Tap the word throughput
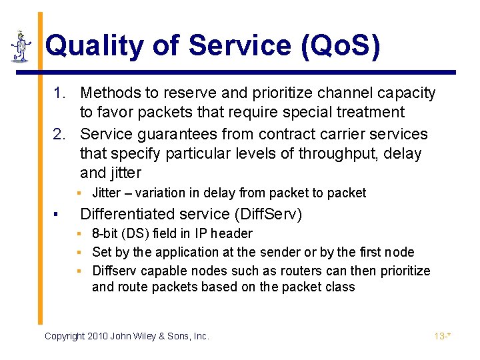coord(338,154)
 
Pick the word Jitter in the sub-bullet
coord(107,193)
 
